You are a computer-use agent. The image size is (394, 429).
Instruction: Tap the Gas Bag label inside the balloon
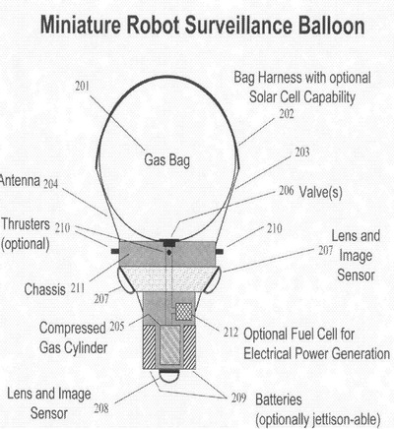click(x=166, y=160)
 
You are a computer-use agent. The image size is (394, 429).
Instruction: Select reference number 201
click(x=82, y=86)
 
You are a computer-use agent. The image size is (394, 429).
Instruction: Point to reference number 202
click(x=287, y=114)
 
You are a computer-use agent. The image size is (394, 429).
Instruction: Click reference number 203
click(x=302, y=153)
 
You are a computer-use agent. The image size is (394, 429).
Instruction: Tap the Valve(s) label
click(x=320, y=192)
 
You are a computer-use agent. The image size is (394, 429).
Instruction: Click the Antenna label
click(x=20, y=180)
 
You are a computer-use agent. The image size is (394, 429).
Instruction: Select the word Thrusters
click(x=26, y=224)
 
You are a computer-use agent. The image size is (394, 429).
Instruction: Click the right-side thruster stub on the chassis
click(x=220, y=252)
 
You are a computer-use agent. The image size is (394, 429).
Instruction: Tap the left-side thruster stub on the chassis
click(x=115, y=252)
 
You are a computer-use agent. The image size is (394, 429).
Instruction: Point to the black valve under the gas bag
click(x=169, y=243)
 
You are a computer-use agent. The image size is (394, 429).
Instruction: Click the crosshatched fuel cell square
click(x=183, y=311)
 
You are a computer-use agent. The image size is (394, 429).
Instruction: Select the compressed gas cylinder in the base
click(x=170, y=345)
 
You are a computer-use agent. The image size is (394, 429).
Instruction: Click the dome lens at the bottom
click(x=169, y=375)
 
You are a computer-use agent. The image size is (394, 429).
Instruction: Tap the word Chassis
click(x=45, y=289)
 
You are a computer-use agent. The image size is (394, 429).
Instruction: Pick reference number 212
click(x=230, y=333)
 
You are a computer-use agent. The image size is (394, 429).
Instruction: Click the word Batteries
click(x=279, y=399)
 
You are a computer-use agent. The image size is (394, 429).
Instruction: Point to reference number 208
click(x=101, y=408)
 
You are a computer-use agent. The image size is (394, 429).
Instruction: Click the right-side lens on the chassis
click(x=213, y=279)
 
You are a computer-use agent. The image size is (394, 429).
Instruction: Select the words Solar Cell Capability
click(x=302, y=97)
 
